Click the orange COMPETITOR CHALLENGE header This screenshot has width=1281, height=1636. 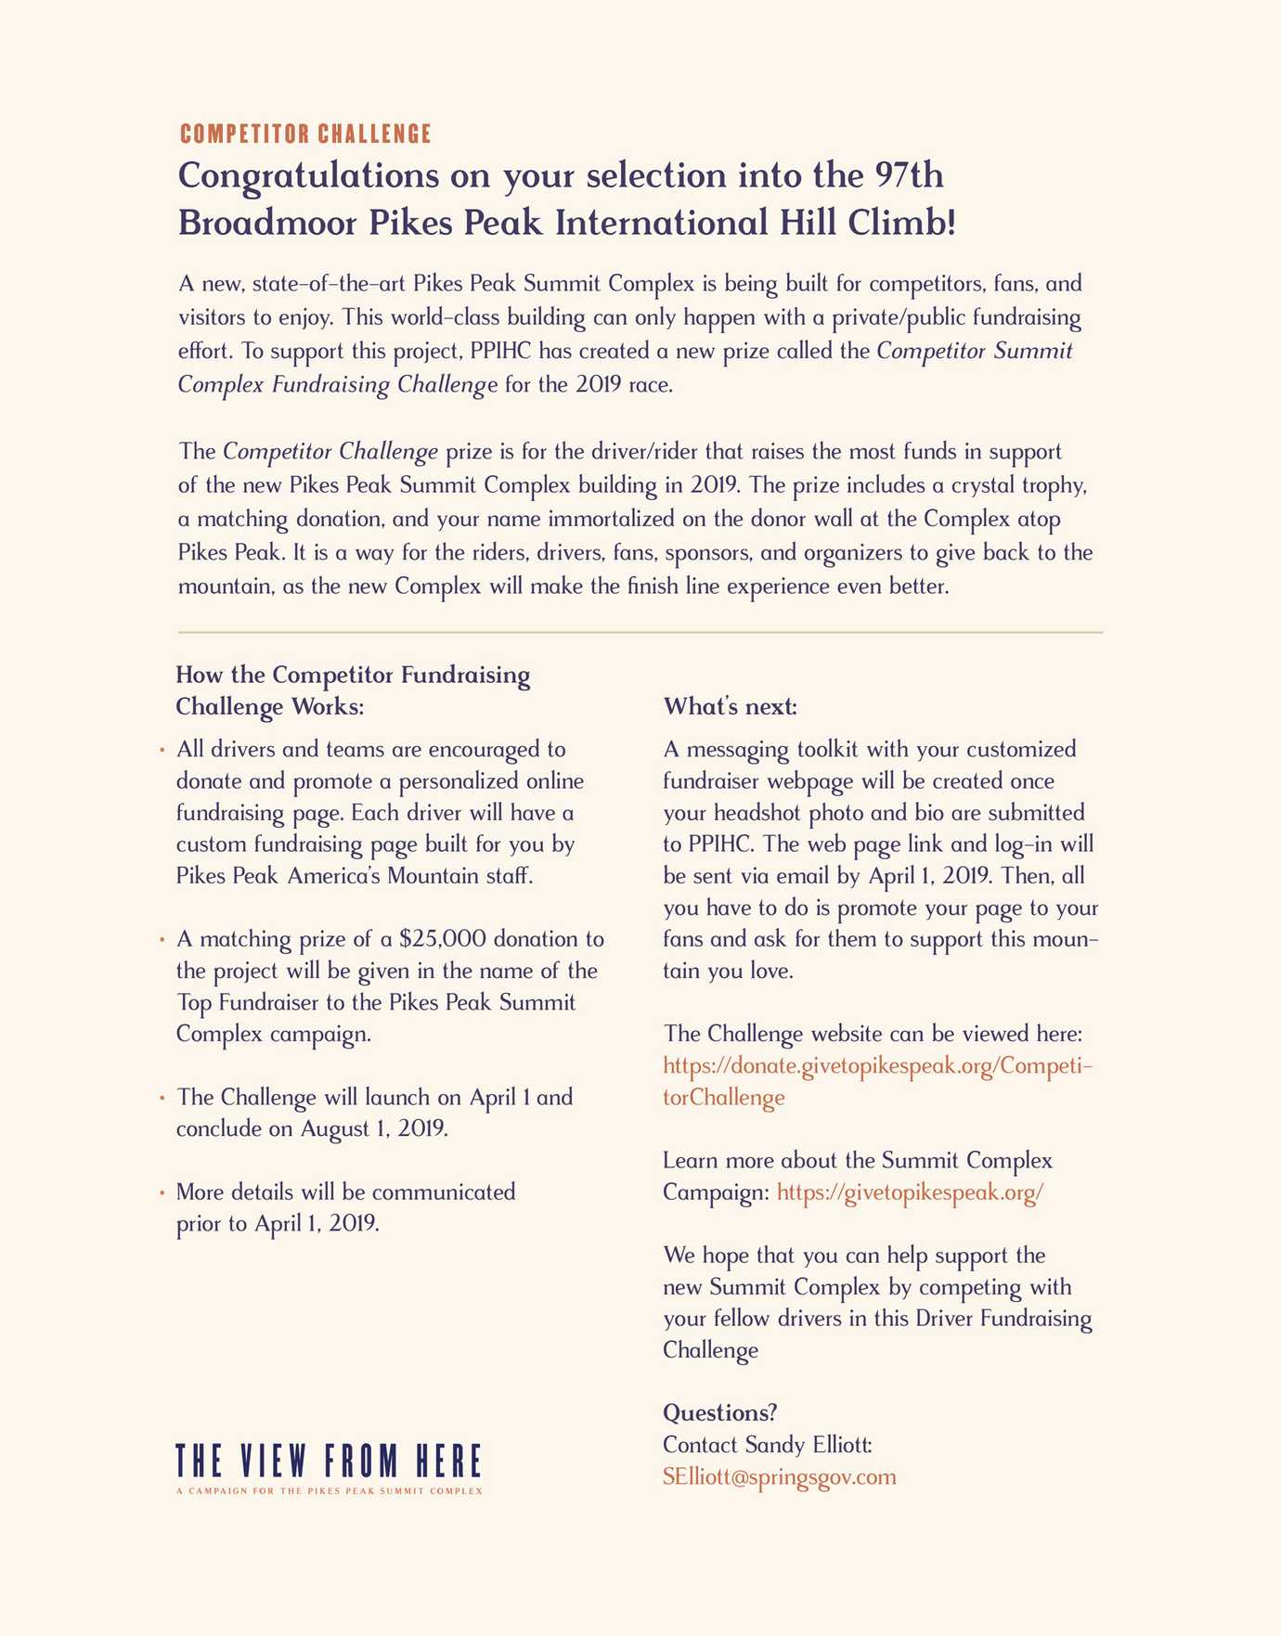305,135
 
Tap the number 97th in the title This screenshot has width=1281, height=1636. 910,175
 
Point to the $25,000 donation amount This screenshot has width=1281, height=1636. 442,939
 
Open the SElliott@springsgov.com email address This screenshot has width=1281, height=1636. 780,1476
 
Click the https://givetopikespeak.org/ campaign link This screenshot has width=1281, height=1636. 910,1192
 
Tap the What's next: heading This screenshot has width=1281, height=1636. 730,707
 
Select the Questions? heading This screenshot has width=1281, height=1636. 719,1413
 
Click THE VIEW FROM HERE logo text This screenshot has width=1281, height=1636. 329,1461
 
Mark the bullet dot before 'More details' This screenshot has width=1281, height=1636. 162,1192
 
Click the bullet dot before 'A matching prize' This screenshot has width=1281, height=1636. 162,939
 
